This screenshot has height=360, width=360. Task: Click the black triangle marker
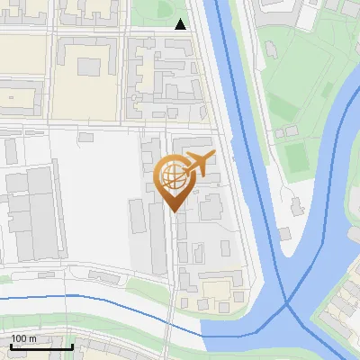(x=181, y=24)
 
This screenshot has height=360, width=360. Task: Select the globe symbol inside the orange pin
(x=174, y=178)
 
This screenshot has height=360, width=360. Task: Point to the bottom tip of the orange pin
(x=175, y=211)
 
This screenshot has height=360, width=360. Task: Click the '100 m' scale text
(x=24, y=338)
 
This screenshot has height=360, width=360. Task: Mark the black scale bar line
(x=41, y=346)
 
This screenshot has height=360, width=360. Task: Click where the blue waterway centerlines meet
(x=288, y=304)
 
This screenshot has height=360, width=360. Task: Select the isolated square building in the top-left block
(x=89, y=66)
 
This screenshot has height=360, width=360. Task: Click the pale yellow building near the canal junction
(x=215, y=290)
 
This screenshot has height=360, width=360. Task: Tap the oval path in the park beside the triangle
(x=165, y=12)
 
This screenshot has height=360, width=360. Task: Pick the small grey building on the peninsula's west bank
(x=284, y=234)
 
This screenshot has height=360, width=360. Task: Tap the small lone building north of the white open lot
(x=85, y=138)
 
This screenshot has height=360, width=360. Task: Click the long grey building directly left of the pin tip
(x=137, y=225)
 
